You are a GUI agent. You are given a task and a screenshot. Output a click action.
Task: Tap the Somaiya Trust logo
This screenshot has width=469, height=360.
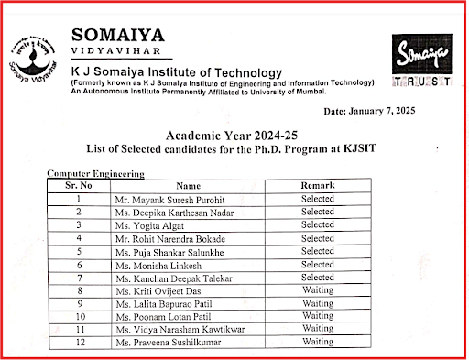(x=421, y=61)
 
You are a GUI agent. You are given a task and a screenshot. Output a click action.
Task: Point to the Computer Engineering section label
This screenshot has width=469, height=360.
(x=95, y=173)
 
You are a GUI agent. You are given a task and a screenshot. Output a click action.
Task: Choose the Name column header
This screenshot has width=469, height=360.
(x=187, y=185)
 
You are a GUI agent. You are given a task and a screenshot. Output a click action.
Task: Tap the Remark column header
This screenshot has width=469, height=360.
(x=318, y=185)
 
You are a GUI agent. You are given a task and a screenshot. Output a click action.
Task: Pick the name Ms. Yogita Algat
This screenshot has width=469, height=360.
(x=144, y=224)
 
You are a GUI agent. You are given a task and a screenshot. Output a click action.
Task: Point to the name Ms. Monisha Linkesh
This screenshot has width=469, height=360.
(x=151, y=264)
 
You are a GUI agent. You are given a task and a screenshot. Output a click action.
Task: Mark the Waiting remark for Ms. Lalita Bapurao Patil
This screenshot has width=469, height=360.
(x=318, y=302)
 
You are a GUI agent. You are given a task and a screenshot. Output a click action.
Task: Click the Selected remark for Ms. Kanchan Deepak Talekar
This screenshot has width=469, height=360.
(x=318, y=277)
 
